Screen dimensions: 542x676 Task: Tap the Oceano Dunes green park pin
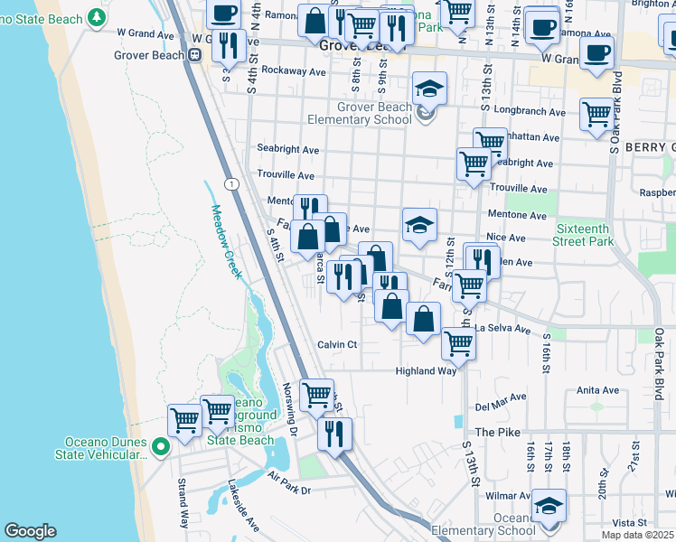161,446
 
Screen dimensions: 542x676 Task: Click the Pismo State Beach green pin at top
97,18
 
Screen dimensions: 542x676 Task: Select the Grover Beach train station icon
194,54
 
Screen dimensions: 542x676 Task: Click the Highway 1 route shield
232,184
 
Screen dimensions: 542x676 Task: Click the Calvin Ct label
338,344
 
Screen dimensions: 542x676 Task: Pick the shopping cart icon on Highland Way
459,342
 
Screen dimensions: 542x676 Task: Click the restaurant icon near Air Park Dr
335,433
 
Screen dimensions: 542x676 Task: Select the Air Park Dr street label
288,491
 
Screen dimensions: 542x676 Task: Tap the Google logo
30,531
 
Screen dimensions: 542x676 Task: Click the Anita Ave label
597,391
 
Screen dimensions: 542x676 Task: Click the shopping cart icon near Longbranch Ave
596,115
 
